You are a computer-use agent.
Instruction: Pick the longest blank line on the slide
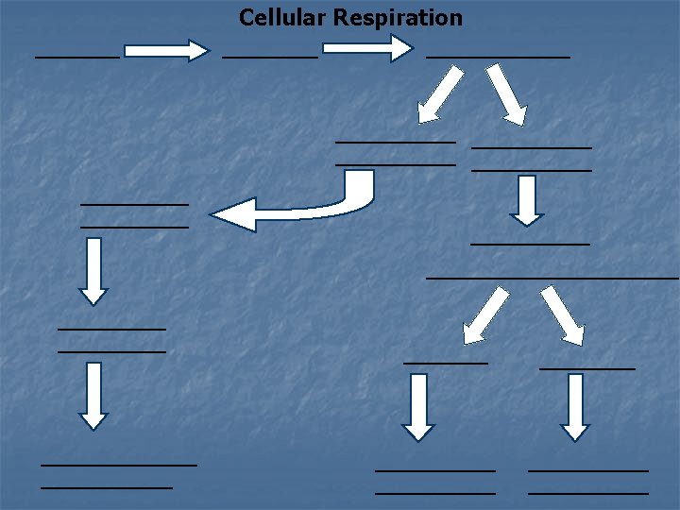pyautogui.click(x=552, y=278)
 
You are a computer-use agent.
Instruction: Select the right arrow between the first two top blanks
pyautogui.click(x=167, y=50)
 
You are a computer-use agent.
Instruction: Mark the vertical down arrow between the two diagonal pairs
pyautogui.click(x=527, y=201)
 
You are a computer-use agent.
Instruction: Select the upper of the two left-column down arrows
pyautogui.click(x=93, y=270)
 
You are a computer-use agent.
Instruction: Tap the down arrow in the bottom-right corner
pyautogui.click(x=576, y=407)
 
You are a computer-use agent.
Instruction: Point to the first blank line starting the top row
pyautogui.click(x=77, y=58)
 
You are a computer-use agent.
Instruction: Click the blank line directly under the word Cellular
pyautogui.click(x=270, y=58)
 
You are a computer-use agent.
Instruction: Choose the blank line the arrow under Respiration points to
pyautogui.click(x=498, y=58)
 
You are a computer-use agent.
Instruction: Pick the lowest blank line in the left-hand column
pyautogui.click(x=107, y=487)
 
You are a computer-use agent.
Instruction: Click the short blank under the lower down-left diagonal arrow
pyautogui.click(x=446, y=363)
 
